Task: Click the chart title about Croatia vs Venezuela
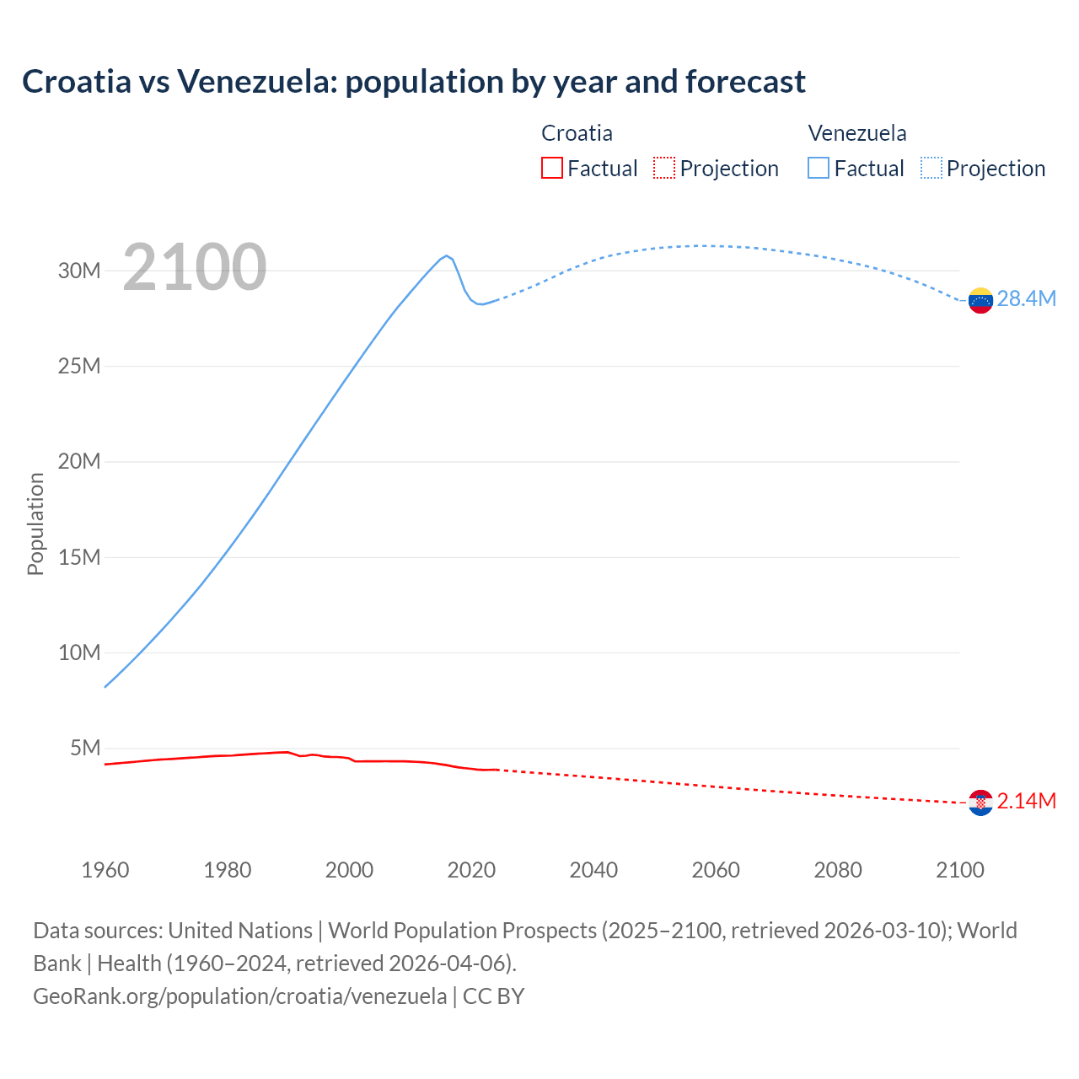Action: point(414,82)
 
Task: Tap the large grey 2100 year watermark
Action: point(195,267)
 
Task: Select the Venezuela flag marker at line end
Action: point(980,300)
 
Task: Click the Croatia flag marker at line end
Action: point(980,803)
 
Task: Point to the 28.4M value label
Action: point(1026,299)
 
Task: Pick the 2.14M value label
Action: point(1026,801)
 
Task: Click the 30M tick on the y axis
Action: point(79,271)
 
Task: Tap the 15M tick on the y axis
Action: point(79,557)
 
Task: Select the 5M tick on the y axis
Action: point(85,749)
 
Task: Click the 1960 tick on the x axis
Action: point(105,870)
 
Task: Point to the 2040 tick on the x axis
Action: point(593,870)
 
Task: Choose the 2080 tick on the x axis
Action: point(838,870)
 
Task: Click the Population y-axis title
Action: point(35,523)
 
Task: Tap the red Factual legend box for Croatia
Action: point(552,168)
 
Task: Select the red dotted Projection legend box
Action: point(664,168)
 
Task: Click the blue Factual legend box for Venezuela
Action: point(819,168)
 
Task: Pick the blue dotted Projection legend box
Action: point(931,168)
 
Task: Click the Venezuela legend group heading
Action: point(857,133)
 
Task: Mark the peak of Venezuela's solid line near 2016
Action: point(447,255)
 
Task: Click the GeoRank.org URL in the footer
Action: point(240,996)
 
